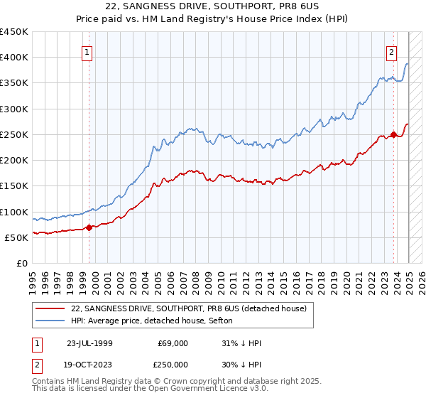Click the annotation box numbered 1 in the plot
87,51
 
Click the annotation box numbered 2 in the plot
391,51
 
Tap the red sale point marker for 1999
89,227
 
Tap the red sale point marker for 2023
394,134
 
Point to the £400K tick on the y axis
14,58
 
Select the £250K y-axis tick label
14,134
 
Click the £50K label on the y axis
17,237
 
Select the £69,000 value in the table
173,343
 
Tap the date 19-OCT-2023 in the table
89,363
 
